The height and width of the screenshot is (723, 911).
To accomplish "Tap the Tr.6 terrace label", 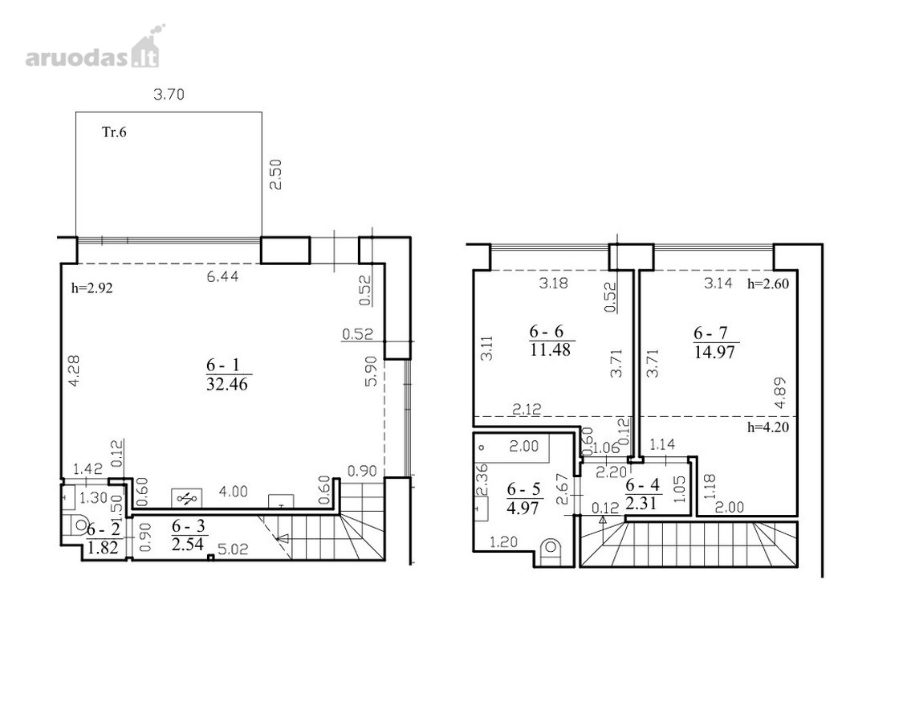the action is [x=114, y=132].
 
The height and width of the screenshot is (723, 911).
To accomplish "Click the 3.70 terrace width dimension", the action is [x=169, y=94].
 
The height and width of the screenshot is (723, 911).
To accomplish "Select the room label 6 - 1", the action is [x=222, y=365].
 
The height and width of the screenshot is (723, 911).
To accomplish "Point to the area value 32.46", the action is [x=227, y=384].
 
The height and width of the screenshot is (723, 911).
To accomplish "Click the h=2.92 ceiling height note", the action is [x=92, y=288].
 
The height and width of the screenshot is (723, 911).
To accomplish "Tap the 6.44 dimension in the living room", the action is [x=222, y=276].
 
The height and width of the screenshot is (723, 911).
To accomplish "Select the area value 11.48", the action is [x=550, y=349].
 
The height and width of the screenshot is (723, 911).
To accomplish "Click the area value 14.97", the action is [x=715, y=352].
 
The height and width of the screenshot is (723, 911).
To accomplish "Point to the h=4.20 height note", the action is [x=767, y=427].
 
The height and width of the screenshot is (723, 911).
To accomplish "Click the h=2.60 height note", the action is [x=768, y=284].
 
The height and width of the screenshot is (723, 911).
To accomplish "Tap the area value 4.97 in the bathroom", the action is [x=523, y=508].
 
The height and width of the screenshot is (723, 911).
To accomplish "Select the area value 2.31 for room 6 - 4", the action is [x=641, y=503].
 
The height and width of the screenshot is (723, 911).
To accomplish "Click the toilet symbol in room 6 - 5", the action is [x=550, y=549].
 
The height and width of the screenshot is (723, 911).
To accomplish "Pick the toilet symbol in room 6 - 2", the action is [x=77, y=525].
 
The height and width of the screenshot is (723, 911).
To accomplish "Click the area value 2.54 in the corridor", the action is [x=189, y=545].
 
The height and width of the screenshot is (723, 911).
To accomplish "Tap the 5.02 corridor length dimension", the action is [x=233, y=549].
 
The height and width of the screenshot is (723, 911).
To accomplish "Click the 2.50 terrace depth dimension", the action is [x=275, y=174].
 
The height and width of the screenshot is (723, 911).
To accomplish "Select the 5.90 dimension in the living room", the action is [x=372, y=371].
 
